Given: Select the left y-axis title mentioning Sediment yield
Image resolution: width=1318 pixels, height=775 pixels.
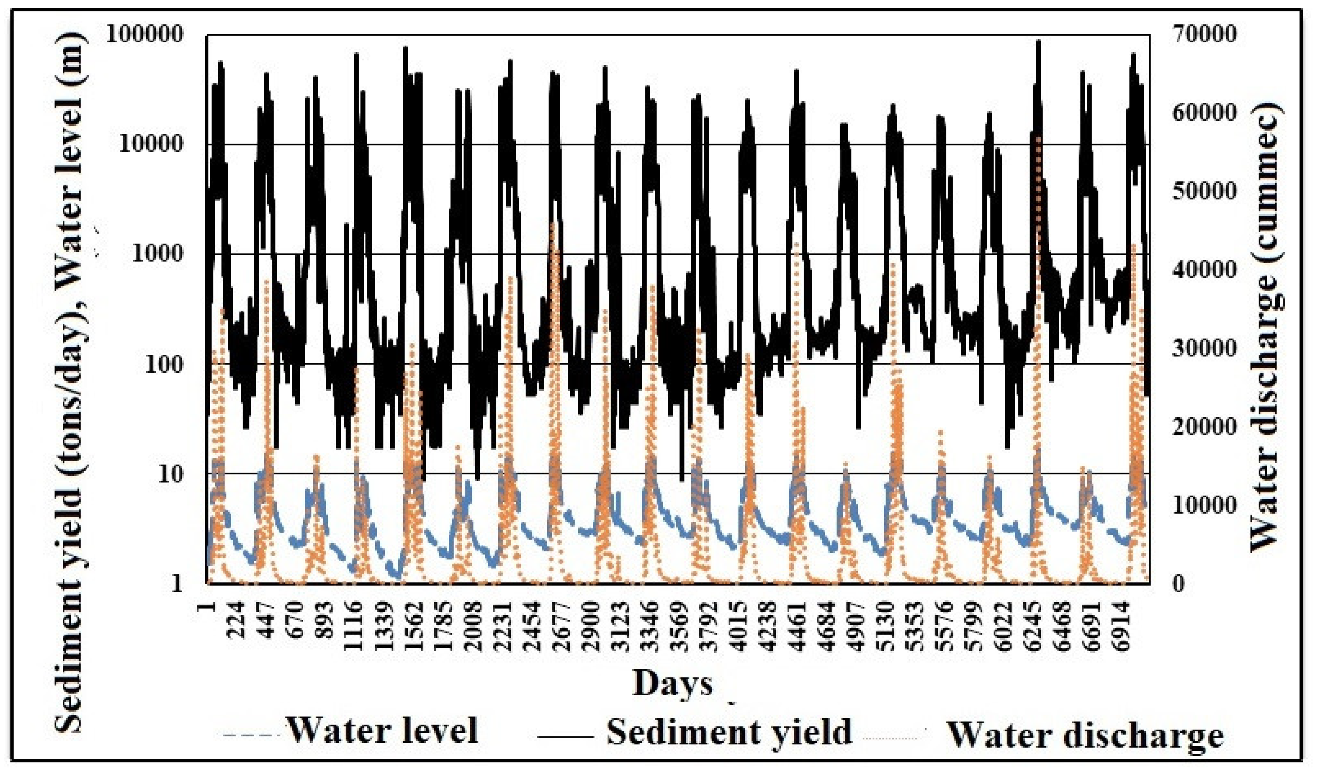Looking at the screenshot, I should click(71, 382).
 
